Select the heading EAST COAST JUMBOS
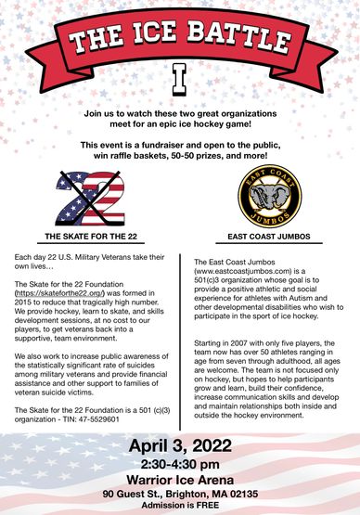269,237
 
